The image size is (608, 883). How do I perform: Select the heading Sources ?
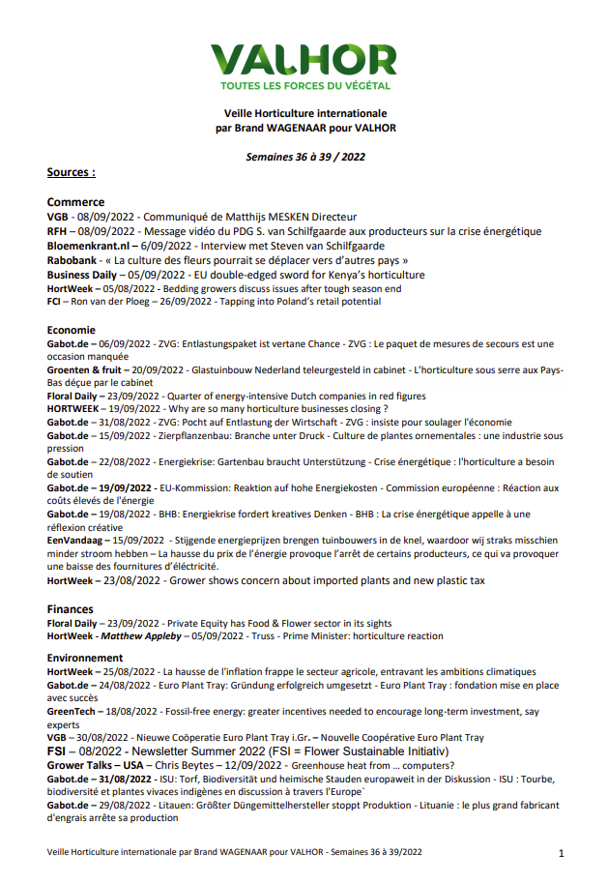[71, 173]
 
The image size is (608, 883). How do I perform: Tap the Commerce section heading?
[75, 202]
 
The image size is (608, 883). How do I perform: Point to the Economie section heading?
[71, 330]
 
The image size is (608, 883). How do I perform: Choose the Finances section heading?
[71, 609]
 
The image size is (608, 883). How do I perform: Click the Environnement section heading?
[85, 657]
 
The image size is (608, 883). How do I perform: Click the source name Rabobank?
[72, 260]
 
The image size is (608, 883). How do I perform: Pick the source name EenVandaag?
[76, 539]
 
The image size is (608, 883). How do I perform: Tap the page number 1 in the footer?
[562, 853]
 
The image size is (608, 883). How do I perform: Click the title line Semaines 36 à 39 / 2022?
[304, 155]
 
